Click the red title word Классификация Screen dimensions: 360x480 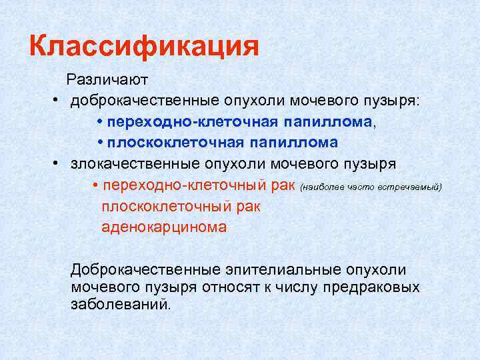144,47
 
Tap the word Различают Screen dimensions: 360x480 107,79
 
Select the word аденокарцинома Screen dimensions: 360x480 164,227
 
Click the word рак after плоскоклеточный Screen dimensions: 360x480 247,206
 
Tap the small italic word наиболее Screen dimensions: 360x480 320,187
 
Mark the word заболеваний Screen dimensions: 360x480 121,305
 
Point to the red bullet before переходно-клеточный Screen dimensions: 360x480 96,185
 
